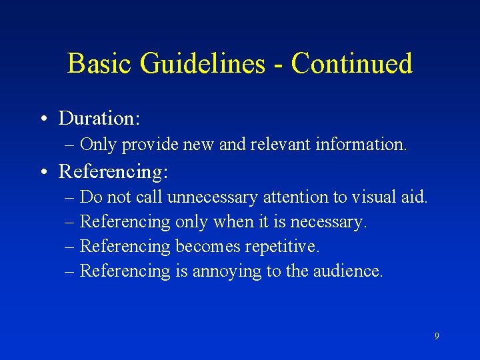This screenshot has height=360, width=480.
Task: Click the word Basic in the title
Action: coord(94,64)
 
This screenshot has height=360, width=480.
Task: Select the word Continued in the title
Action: coord(351,64)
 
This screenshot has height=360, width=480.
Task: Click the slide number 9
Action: coord(437,336)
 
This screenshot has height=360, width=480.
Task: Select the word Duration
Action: coord(99,119)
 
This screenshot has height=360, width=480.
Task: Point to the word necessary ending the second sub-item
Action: coord(331,222)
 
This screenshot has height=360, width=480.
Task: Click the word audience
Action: coord(347,271)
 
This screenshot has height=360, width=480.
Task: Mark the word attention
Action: coord(295,197)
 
